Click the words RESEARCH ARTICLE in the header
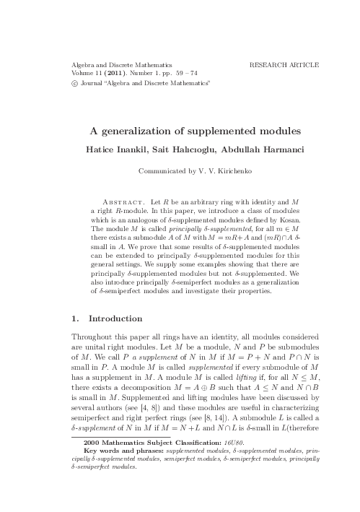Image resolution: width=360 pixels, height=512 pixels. pyautogui.click(x=284, y=65)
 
